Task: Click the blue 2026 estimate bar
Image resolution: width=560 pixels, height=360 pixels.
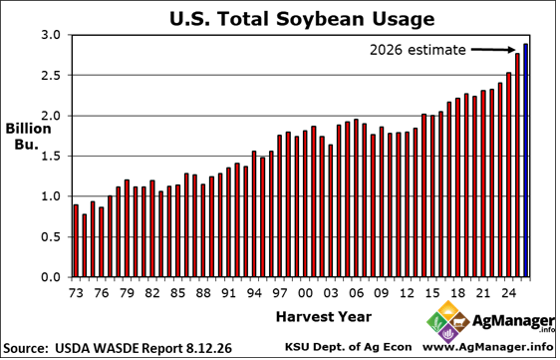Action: pyautogui.click(x=525, y=161)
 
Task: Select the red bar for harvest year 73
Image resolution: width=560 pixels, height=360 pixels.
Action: pyautogui.click(x=76, y=241)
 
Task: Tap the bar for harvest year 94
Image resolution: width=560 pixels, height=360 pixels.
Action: pyautogui.click(x=254, y=214)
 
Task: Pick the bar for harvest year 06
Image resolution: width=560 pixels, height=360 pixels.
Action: pyautogui.click(x=356, y=198)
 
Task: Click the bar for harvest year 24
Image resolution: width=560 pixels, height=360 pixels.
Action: pyautogui.click(x=508, y=175)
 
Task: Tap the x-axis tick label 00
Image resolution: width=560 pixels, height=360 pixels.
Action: pyautogui.click(x=305, y=293)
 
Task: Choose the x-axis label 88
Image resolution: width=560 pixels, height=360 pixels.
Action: pyautogui.click(x=203, y=293)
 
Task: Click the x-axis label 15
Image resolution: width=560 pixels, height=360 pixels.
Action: pyautogui.click(x=432, y=293)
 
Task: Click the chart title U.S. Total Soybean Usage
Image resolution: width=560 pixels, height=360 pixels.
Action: pyautogui.click(x=302, y=19)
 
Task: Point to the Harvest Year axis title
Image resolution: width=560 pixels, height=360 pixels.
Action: pyautogui.click(x=324, y=317)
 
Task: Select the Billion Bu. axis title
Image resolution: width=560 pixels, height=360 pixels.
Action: pyautogui.click(x=28, y=137)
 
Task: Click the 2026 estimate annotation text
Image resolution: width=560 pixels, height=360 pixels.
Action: pyautogui.click(x=418, y=50)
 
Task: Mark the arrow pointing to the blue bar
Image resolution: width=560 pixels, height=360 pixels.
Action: pyautogui.click(x=493, y=50)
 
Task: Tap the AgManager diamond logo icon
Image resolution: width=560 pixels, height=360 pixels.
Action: pyautogui.click(x=448, y=321)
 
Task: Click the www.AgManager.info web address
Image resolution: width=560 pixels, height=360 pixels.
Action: pyautogui.click(x=488, y=347)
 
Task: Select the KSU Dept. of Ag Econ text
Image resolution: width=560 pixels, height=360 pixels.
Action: pyautogui.click(x=348, y=347)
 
